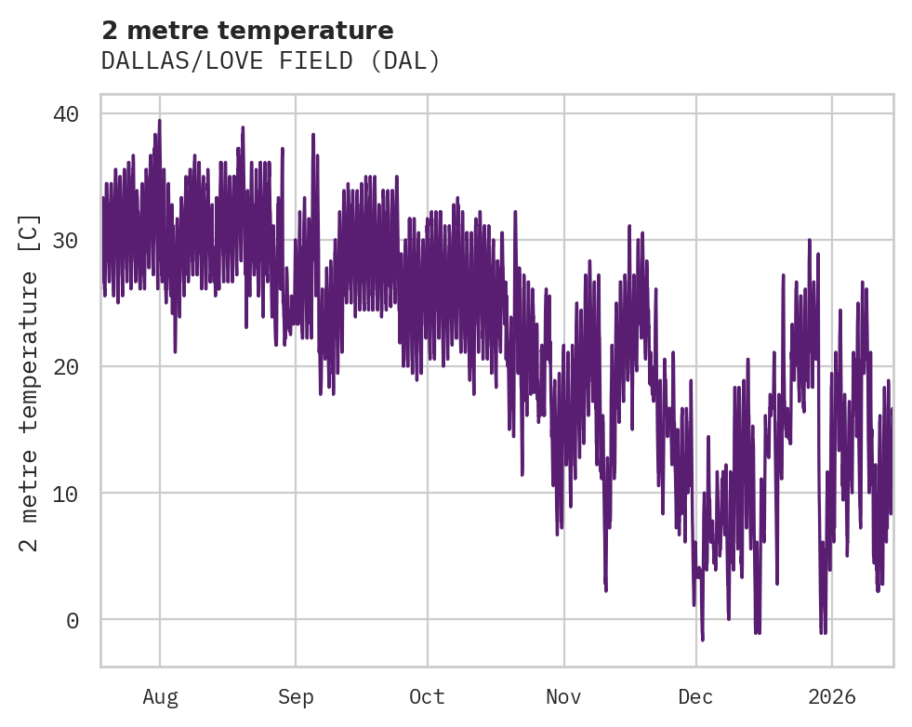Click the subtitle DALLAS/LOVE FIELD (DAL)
point(270,61)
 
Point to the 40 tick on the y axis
point(65,113)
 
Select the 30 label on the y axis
point(65,240)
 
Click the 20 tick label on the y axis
point(65,366)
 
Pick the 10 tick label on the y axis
point(65,493)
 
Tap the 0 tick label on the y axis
point(73,620)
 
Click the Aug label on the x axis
point(160,696)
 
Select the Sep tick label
point(296,696)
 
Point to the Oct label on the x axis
point(428,696)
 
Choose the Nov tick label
point(563,696)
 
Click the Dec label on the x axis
point(695,696)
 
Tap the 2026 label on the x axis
point(831,696)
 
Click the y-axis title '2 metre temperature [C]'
point(30,381)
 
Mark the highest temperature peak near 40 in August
point(159,121)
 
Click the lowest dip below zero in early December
point(703,639)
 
